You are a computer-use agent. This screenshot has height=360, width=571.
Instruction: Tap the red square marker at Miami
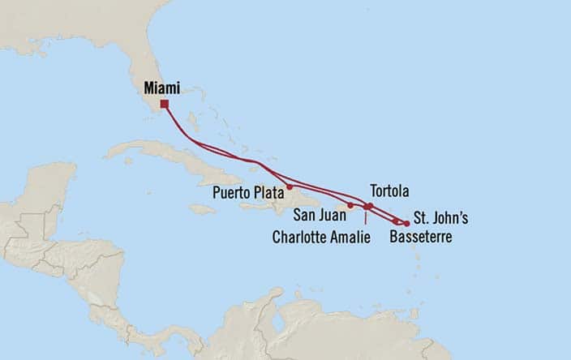click(164, 104)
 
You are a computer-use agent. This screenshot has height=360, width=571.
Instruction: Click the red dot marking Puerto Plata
click(290, 186)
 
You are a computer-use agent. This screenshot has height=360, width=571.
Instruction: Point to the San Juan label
click(318, 216)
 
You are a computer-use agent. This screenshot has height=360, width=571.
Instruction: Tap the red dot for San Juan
click(350, 205)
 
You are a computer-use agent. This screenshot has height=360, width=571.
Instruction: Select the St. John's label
click(440, 217)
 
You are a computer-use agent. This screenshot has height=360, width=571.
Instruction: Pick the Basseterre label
click(420, 238)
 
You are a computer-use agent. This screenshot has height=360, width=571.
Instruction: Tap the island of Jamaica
click(202, 209)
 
